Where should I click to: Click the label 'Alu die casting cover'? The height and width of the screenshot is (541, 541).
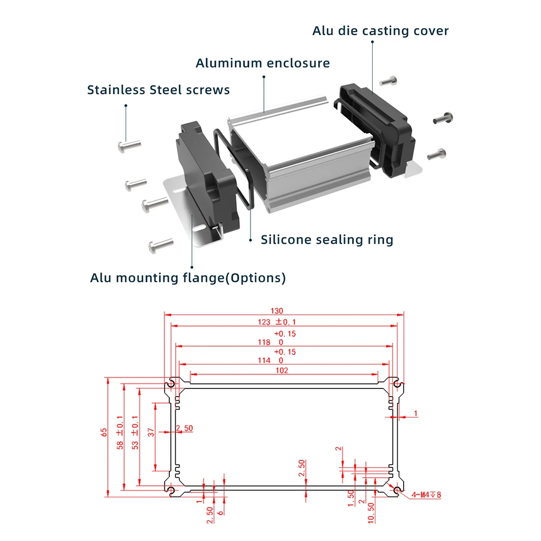(x=380, y=31)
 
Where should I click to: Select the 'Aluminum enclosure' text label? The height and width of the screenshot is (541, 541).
(x=262, y=63)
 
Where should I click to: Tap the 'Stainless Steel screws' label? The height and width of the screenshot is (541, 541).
(x=159, y=90)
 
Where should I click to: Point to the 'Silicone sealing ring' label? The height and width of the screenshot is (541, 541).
(x=327, y=240)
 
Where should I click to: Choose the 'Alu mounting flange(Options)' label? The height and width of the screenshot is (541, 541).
(x=188, y=278)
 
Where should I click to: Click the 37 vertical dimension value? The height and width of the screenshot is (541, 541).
(x=151, y=432)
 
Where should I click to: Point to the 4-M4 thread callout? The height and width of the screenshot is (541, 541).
(x=426, y=494)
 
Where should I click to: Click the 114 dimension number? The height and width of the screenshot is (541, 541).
(x=278, y=360)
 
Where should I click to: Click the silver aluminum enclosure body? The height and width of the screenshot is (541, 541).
(x=303, y=162)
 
